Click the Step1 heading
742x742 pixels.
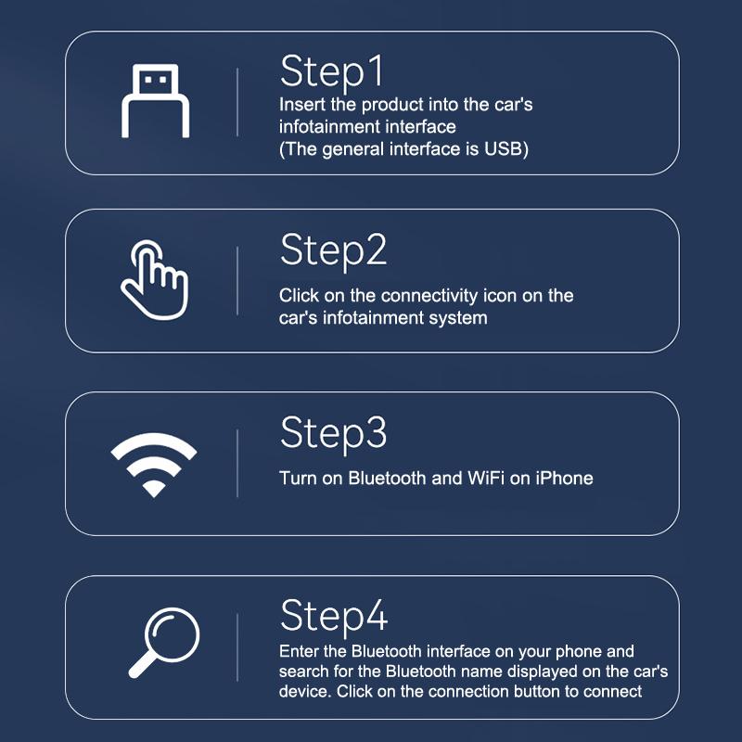(331, 70)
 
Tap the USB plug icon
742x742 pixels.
(155, 101)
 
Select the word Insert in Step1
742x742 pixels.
(302, 105)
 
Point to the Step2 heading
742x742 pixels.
(333, 250)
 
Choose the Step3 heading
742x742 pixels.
(333, 433)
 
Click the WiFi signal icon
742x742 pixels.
(154, 464)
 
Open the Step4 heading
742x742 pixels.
(334, 615)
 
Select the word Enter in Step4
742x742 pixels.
(300, 651)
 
